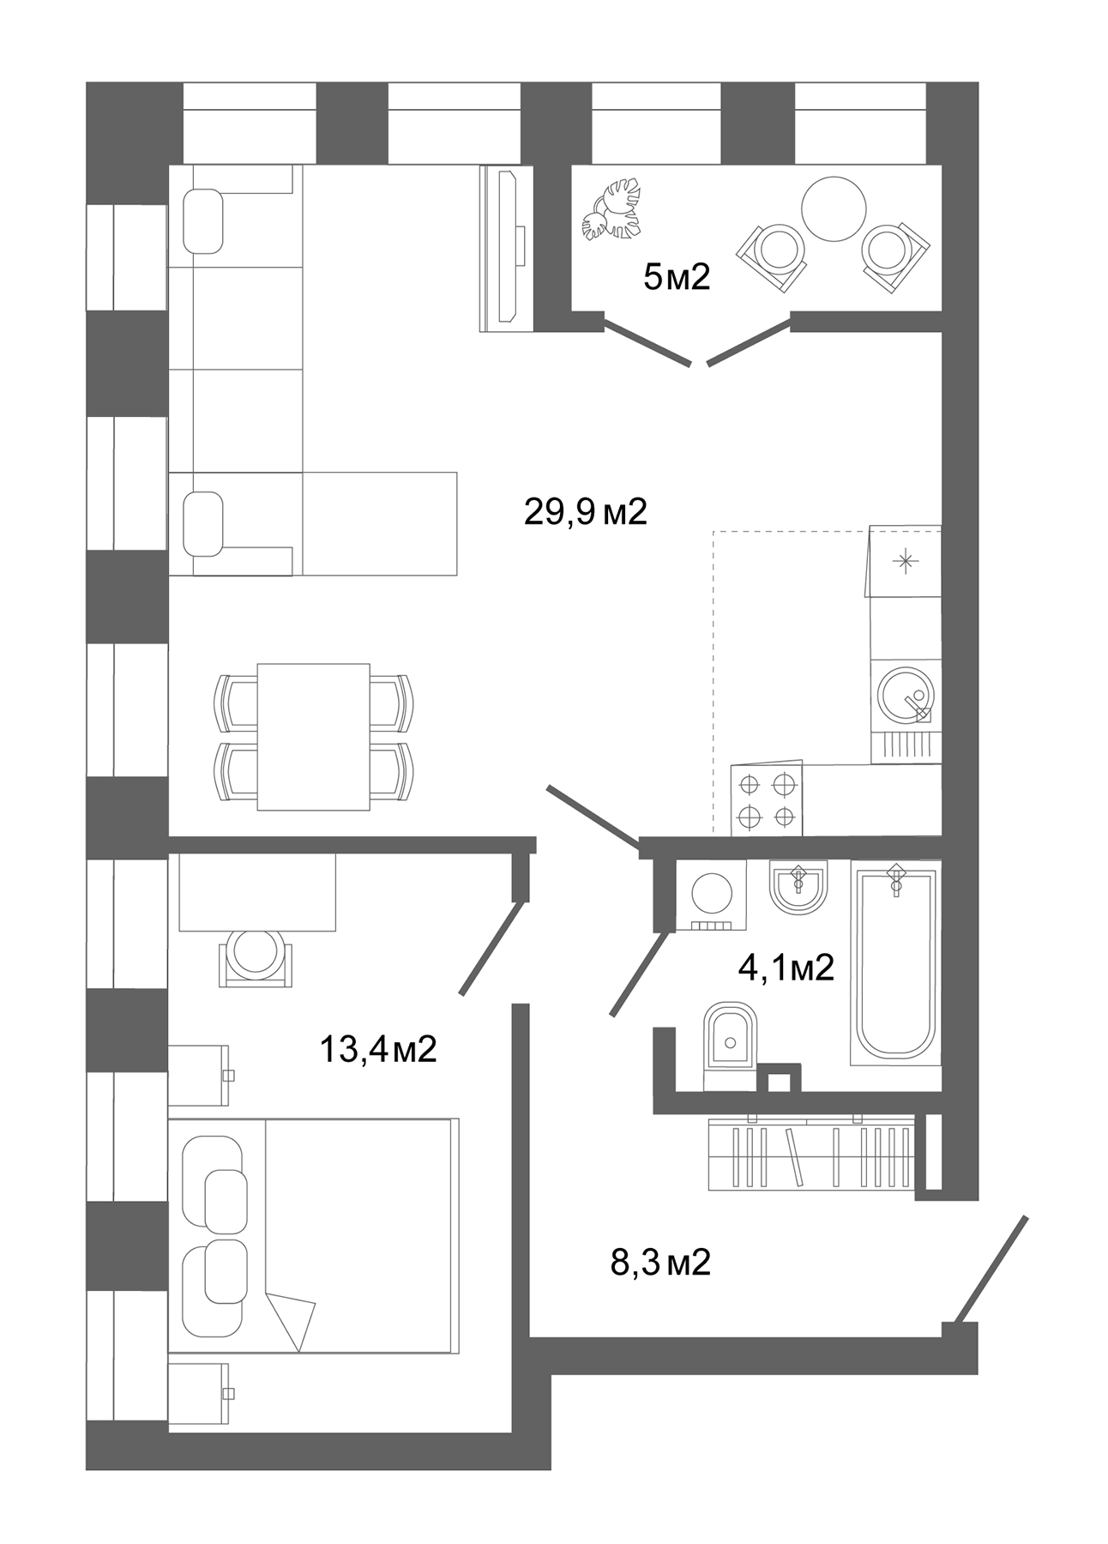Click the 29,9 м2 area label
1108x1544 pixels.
585,513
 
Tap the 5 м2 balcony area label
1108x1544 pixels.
677,277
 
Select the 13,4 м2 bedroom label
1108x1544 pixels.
378,1048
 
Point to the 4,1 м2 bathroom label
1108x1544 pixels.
786,968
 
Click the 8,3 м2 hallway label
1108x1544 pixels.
660,1263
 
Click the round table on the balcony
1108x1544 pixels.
834,208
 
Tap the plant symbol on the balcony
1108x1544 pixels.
612,210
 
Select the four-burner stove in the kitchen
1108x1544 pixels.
767,800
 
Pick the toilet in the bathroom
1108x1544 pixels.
730,1044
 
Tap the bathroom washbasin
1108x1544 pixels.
798,889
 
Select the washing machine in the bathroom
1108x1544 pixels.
711,896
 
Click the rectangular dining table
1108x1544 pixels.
313,736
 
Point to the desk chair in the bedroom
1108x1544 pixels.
256,957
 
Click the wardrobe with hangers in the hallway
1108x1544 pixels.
810,1154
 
